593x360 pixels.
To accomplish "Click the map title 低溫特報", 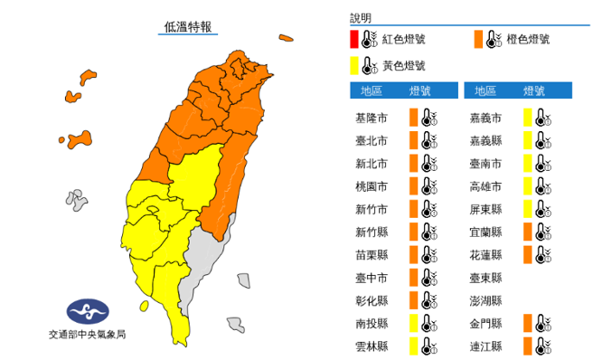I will point(189,25).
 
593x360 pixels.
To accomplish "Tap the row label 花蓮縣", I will point(484,254).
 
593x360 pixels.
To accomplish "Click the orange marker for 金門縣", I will point(526,322).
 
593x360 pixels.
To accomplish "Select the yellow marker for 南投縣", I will point(412,322).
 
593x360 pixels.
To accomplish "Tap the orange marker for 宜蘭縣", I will point(526,232).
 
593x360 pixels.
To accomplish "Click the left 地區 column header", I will point(371,91).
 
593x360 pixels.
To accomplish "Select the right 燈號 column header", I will point(533,91).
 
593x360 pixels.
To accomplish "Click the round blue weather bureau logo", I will point(87,313).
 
